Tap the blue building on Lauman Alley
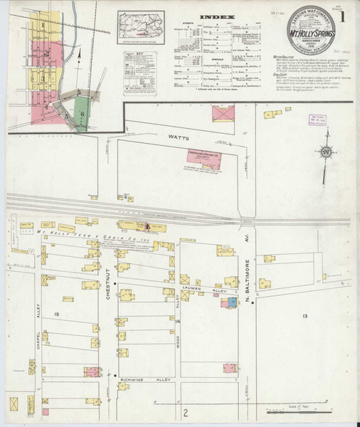coord(232,302)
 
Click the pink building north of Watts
coord(222,114)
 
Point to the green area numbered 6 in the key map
coord(83,113)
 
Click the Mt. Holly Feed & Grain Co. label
coord(85,233)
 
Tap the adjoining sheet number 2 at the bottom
coord(184,413)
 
